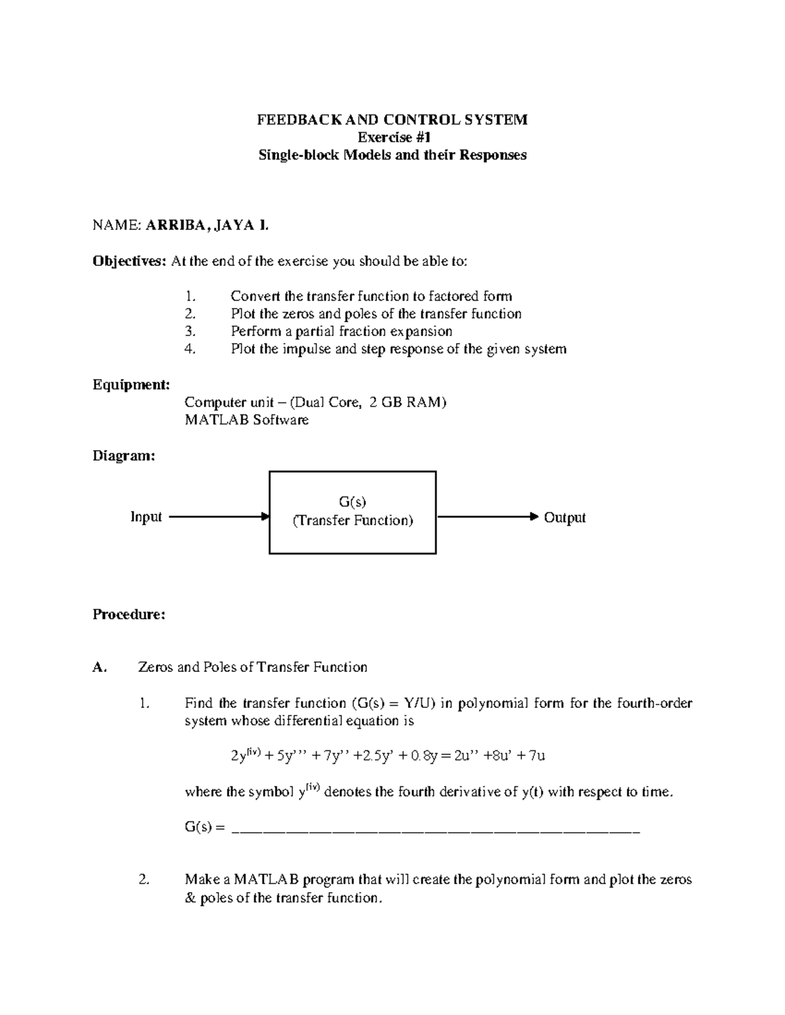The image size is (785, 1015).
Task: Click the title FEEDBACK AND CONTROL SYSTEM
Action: click(392, 120)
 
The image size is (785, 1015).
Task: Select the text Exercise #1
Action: click(392, 137)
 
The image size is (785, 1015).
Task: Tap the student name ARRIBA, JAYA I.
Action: click(207, 226)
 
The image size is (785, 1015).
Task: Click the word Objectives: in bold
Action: click(130, 261)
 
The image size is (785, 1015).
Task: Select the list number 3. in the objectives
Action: click(190, 331)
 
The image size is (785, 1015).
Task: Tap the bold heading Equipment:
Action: click(131, 384)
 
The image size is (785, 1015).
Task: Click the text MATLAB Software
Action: click(247, 420)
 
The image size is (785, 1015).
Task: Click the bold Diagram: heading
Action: click(124, 456)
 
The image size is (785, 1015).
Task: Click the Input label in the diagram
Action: click(146, 517)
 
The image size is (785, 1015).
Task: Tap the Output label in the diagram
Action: click(565, 518)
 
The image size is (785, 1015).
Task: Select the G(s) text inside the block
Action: click(353, 502)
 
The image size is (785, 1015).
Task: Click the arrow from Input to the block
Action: click(218, 517)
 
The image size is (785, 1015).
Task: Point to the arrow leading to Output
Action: click(487, 517)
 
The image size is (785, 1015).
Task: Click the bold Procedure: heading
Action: click(129, 614)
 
